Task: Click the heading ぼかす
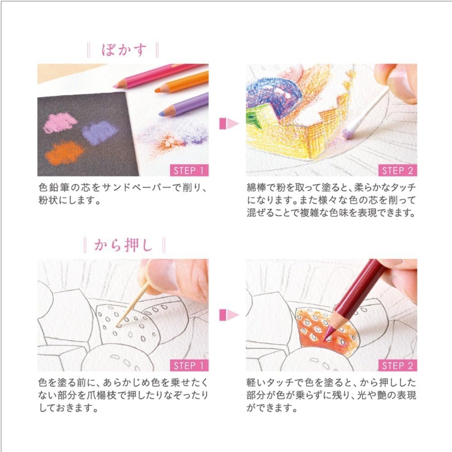coord(124,50)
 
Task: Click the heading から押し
coord(124,245)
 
